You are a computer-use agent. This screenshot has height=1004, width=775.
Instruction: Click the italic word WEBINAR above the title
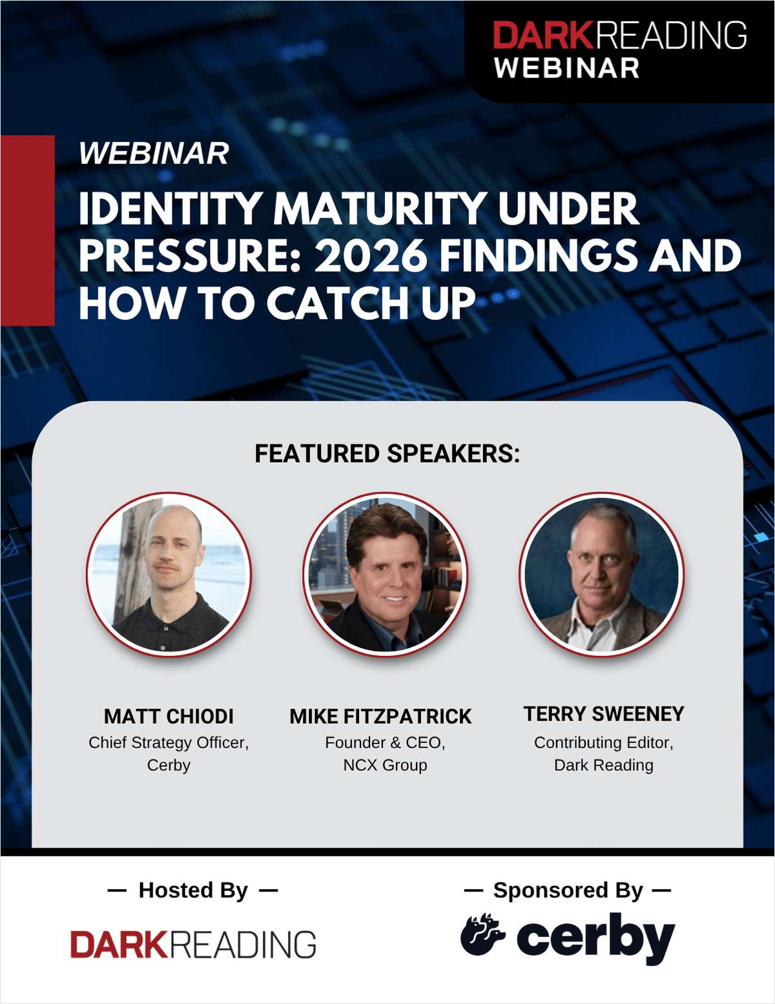point(154,154)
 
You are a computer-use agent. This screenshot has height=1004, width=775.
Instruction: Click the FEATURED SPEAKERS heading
point(387,454)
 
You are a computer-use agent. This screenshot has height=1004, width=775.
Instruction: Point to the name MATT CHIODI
point(169,716)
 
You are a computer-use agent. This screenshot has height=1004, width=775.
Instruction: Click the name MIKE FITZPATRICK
point(380,716)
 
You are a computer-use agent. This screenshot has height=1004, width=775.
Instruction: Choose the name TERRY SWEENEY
point(603,713)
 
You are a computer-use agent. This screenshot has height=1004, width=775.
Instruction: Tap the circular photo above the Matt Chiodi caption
point(169,574)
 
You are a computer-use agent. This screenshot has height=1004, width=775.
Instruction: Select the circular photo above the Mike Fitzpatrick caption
point(385,574)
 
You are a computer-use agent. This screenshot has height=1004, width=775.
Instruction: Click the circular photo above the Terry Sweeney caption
point(602,574)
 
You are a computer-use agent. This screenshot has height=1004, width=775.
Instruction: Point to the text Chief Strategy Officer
point(169,743)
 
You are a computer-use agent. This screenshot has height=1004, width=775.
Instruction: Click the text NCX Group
point(385,765)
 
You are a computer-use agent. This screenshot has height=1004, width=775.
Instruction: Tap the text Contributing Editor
point(603,743)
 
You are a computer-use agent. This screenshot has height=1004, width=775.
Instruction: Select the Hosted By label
point(192,890)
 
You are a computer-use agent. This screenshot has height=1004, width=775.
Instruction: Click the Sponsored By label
point(568,890)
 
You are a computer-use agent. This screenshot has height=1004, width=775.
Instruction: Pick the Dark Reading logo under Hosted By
point(193,945)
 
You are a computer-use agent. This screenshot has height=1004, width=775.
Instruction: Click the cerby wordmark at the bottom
point(595,938)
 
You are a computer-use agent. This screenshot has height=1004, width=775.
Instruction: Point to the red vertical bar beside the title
point(27,231)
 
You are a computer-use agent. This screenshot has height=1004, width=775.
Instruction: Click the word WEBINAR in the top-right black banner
point(566,68)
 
